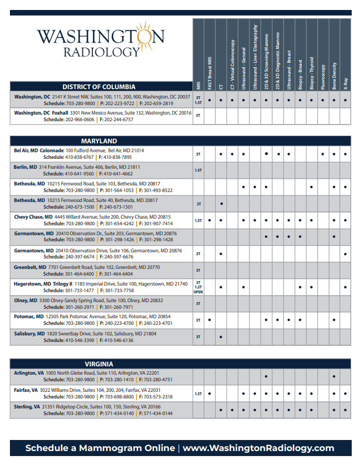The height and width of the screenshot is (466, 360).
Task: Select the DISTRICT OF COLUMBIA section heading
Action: (99, 86)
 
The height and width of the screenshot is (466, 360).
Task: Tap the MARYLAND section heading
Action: (99, 141)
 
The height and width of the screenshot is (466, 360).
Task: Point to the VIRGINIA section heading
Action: (99, 364)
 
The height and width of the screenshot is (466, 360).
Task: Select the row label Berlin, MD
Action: (25, 167)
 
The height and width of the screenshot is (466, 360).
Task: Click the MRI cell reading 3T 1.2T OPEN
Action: (198, 287)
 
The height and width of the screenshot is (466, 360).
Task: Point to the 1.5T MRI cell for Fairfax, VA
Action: (198, 394)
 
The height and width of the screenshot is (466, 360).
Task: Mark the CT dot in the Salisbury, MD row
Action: (221, 336)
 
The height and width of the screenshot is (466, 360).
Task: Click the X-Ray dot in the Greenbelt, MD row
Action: (346, 271)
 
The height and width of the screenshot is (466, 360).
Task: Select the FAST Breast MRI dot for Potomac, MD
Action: (210, 320)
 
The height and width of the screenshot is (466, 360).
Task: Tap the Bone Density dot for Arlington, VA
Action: (334, 376)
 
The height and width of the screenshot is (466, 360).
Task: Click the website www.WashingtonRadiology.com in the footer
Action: (258, 448)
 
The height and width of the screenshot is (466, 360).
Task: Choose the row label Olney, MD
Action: (25, 301)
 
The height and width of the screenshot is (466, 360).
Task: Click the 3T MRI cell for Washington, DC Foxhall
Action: (198, 116)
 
